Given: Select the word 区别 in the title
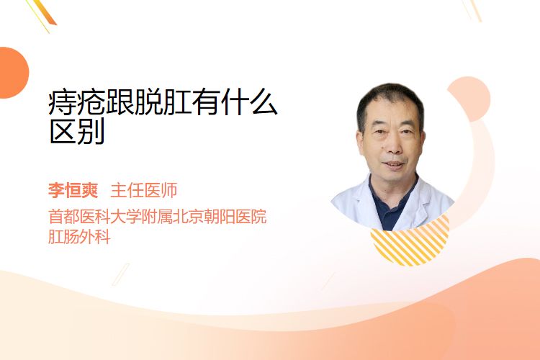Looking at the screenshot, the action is [77, 132].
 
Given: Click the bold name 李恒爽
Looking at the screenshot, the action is [73, 190].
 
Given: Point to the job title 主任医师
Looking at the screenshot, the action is [144, 190].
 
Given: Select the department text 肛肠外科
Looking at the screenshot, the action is [79, 237].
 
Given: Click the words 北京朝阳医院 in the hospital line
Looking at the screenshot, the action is [220, 217].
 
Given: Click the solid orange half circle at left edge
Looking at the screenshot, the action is [13, 73].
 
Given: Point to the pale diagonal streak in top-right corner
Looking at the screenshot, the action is [473, 10].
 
